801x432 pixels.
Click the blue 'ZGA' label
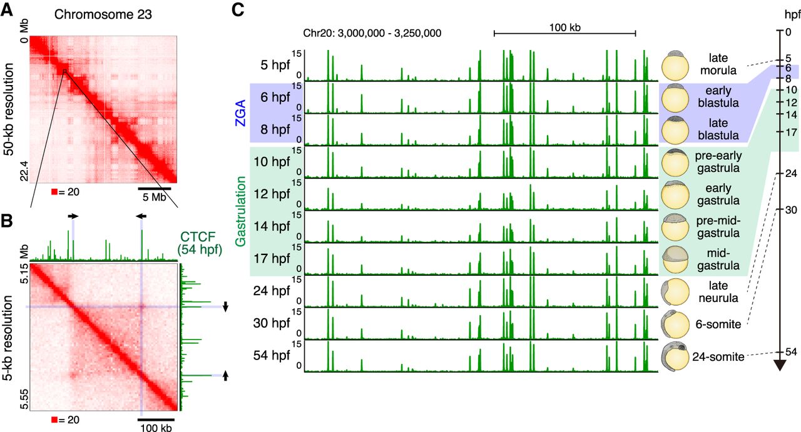tap(239, 114)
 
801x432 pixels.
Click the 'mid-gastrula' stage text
tap(718, 258)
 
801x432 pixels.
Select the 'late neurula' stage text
tap(718, 291)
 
